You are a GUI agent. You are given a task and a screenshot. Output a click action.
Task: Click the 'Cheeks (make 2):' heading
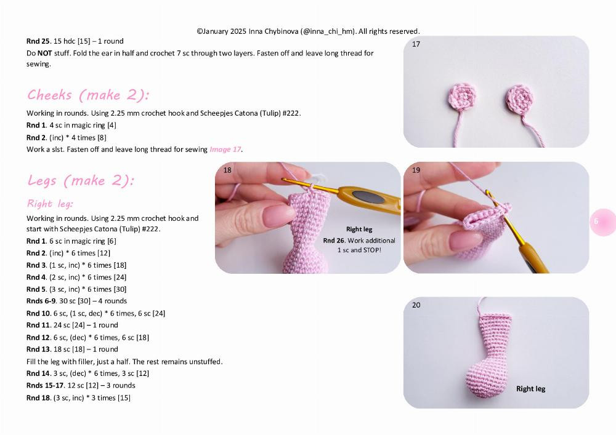(88, 95)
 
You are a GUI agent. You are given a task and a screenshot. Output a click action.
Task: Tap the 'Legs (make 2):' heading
(80, 181)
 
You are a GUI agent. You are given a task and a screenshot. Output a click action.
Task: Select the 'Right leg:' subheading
(50, 204)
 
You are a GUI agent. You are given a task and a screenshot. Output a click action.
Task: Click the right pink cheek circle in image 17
(520, 97)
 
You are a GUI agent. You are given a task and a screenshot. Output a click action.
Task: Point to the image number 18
(227, 170)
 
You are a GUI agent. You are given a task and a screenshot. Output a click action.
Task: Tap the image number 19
(416, 170)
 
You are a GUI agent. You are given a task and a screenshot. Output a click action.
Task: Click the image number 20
(416, 305)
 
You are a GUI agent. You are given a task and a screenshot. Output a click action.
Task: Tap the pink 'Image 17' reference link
(225, 150)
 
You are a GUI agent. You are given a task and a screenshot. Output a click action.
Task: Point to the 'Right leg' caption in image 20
(530, 389)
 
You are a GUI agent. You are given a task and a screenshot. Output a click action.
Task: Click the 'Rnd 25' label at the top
(38, 41)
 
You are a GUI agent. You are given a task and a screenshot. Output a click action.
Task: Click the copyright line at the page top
(308, 31)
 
